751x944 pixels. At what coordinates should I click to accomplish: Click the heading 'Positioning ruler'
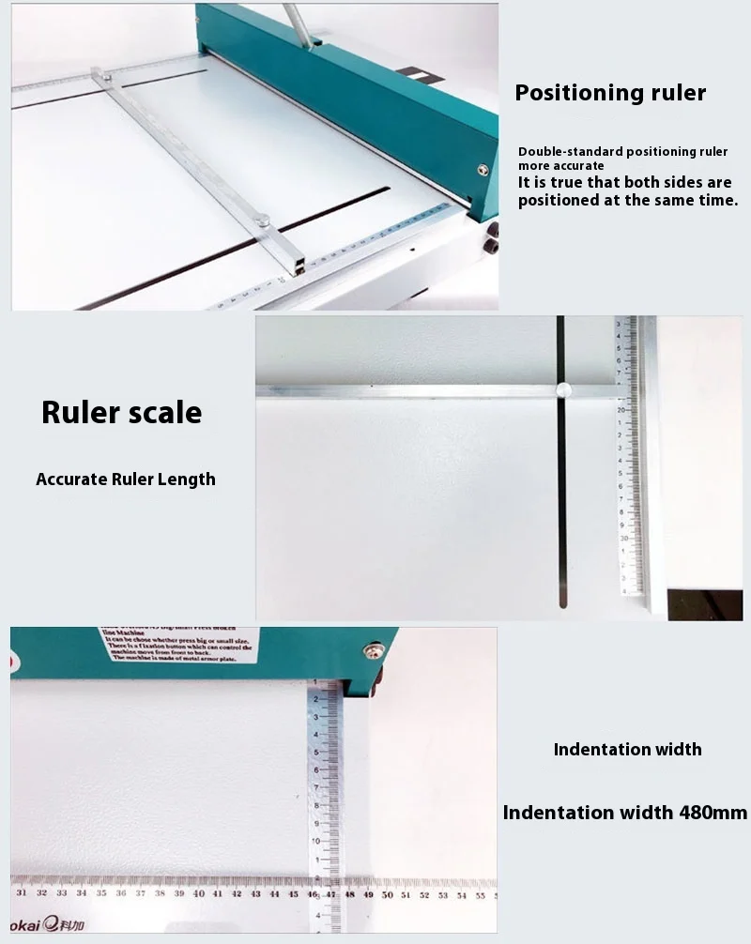(610, 92)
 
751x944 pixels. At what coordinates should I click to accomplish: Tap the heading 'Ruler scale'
(122, 412)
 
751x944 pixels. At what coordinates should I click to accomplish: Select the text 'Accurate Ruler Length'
(126, 479)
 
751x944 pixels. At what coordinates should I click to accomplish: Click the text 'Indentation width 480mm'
(625, 813)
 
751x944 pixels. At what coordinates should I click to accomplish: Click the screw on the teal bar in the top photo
(483, 170)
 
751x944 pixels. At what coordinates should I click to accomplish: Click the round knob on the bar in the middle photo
(564, 390)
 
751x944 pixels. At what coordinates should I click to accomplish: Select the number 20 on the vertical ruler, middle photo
(621, 410)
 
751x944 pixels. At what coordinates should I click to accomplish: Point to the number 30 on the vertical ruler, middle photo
(622, 539)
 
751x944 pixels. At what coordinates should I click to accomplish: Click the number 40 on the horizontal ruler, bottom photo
(197, 893)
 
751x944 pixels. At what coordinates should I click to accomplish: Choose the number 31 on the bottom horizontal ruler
(22, 893)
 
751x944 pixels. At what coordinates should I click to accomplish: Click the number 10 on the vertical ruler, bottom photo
(317, 840)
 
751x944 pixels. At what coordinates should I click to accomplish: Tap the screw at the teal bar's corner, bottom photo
(374, 649)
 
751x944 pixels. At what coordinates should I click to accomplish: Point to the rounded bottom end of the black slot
(562, 602)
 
